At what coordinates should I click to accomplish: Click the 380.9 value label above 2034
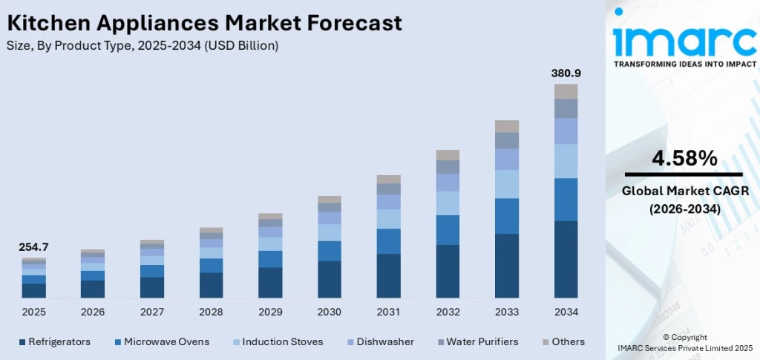[x=566, y=73]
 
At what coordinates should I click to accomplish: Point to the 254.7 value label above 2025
[x=33, y=247]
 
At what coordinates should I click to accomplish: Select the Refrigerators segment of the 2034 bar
[x=566, y=259]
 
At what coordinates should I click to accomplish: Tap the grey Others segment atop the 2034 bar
[x=566, y=91]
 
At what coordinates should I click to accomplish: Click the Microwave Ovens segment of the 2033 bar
[x=507, y=216]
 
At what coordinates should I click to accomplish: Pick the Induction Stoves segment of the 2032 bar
[x=448, y=203]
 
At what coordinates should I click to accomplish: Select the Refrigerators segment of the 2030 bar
[x=330, y=279]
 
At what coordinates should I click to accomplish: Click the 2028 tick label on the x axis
[x=212, y=312]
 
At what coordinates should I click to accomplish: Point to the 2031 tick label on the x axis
[x=388, y=312]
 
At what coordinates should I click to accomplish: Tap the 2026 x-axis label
[x=93, y=312]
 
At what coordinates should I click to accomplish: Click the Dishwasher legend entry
[x=383, y=342]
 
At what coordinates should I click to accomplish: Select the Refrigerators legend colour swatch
[x=22, y=342]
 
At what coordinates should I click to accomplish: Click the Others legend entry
[x=568, y=342]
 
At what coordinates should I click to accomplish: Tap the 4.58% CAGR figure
[x=684, y=158]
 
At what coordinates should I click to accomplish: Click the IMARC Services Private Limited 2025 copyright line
[x=684, y=347]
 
